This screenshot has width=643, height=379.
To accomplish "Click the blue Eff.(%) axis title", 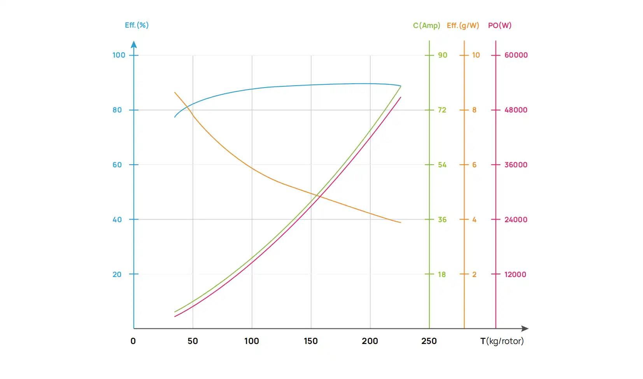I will pyautogui.click(x=137, y=25).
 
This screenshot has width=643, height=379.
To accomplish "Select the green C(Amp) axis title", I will pyautogui.click(x=426, y=26).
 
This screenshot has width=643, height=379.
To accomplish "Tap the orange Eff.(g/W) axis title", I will pyautogui.click(x=463, y=26).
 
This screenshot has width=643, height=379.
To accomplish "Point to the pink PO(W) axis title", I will pyautogui.click(x=499, y=26).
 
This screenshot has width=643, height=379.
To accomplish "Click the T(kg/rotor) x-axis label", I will pyautogui.click(x=502, y=341).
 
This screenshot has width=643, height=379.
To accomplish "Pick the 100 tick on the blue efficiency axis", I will pyautogui.click(x=119, y=55).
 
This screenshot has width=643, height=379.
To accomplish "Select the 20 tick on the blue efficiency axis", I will pyautogui.click(x=117, y=274).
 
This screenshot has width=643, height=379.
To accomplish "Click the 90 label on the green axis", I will pyautogui.click(x=443, y=55).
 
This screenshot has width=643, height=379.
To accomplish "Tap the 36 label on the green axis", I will pyautogui.click(x=442, y=219).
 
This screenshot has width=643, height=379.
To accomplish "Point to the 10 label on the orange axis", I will pyautogui.click(x=476, y=55).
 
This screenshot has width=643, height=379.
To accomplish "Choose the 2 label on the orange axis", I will pyautogui.click(x=474, y=274).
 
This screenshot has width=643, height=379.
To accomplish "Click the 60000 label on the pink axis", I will pyautogui.click(x=516, y=55).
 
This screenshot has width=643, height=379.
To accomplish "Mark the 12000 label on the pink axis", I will pyautogui.click(x=515, y=274).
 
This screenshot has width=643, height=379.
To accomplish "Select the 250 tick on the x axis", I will pyautogui.click(x=429, y=341).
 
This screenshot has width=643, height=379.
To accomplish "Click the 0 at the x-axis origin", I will pyautogui.click(x=133, y=341).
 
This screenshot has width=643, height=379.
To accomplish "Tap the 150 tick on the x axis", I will pyautogui.click(x=311, y=341).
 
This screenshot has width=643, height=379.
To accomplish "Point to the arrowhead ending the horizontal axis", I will pyautogui.click(x=525, y=328).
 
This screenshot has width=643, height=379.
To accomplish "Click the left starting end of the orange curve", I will pyautogui.click(x=175, y=93).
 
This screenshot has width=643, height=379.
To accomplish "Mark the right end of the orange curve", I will pyautogui.click(x=400, y=222).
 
